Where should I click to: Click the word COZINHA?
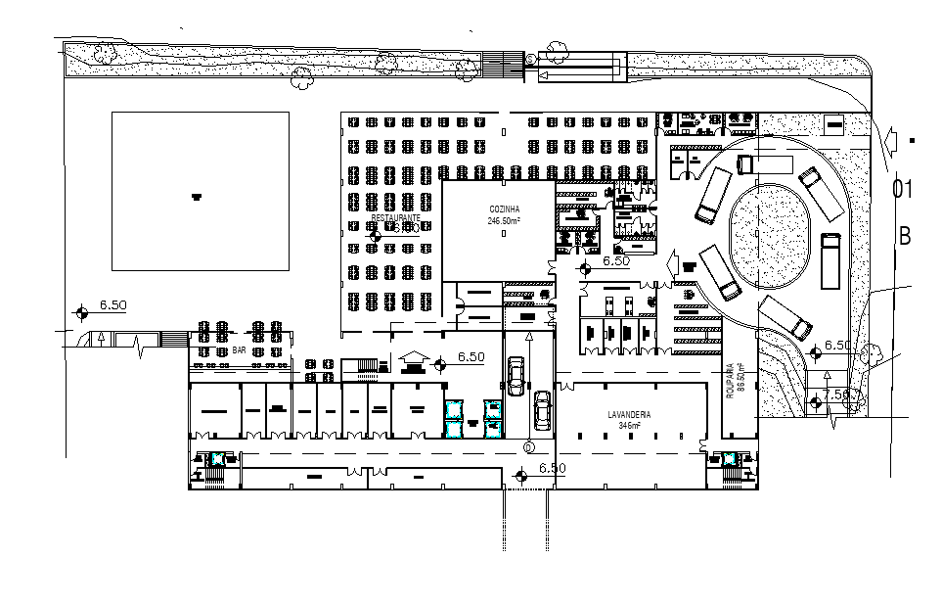504,210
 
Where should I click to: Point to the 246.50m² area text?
504,221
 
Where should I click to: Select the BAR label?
238,349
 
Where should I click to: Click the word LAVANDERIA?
627,415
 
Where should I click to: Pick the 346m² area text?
627,426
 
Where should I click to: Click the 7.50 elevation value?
838,394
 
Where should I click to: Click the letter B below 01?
906,236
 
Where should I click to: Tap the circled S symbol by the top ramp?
530,61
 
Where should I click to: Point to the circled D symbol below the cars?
529,446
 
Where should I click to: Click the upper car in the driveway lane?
516,372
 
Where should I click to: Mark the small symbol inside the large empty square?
197,196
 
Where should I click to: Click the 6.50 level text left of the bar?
113,305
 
